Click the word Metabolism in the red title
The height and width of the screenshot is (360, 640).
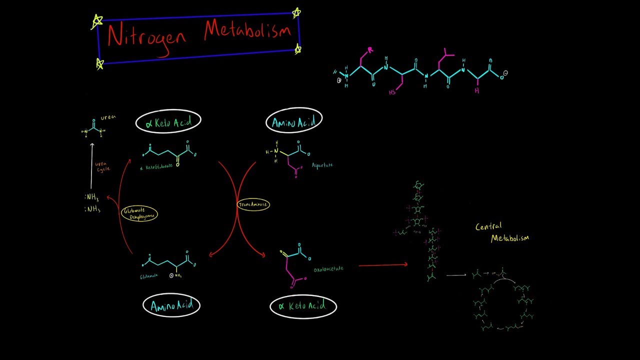pos(247,31)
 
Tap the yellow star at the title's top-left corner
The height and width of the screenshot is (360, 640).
pos(97,21)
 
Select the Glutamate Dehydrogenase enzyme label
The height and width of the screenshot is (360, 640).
pos(139,214)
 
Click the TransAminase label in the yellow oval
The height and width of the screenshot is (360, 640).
pos(253,204)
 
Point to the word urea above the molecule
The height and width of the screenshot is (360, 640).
pos(108,117)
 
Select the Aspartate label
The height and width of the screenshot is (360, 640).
pos(322,165)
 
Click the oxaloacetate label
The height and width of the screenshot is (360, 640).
pos(328,269)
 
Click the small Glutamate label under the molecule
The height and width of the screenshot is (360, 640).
pos(149,275)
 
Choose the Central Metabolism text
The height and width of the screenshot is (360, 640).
pos(501,232)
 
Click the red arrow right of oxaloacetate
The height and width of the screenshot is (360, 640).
pos(383,265)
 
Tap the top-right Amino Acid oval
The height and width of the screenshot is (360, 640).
pos(294,121)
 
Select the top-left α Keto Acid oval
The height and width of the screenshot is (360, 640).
pos(168,122)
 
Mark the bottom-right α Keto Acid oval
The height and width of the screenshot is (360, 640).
pos(303,306)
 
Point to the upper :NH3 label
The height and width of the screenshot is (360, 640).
pos(92,197)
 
